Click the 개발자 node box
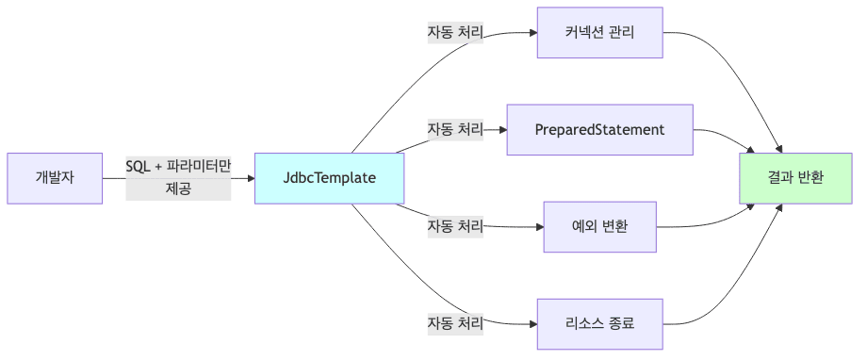[55, 177]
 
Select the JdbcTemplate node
[330, 177]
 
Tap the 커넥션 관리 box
[599, 32]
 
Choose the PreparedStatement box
[599, 128]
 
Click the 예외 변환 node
[599, 226]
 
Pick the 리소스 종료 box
[599, 323]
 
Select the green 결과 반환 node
[795, 177]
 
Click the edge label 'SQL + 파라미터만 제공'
[178, 177]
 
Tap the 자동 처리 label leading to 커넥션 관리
[455, 32]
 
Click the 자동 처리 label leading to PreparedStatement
[455, 128]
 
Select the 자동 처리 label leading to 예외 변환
[455, 226]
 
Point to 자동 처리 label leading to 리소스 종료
[455, 323]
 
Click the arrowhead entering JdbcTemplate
[250, 177]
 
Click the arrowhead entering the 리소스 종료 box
[532, 323]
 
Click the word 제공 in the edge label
[178, 188]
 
